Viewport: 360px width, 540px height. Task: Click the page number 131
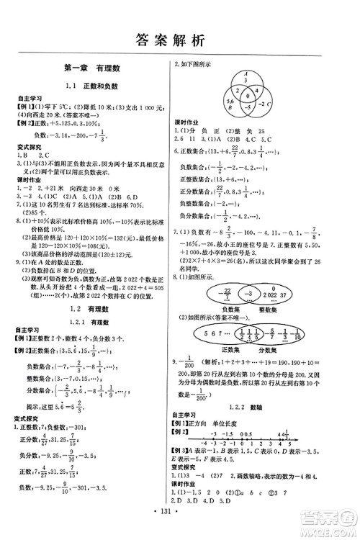tap(179, 523)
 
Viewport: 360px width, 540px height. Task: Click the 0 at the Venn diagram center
tap(248, 94)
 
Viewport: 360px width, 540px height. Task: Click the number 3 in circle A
tap(247, 81)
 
